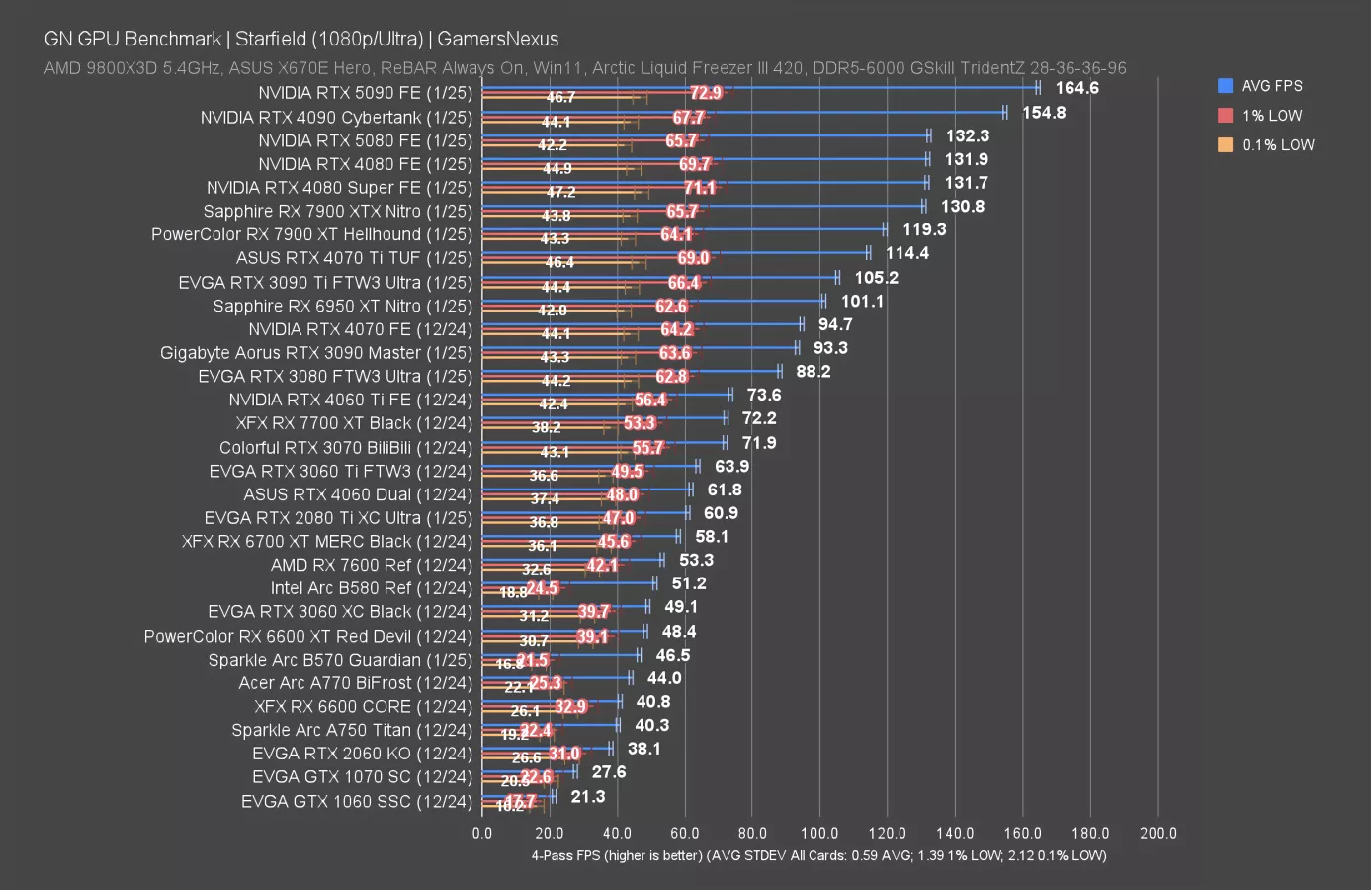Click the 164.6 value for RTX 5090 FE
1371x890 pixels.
pos(1076,88)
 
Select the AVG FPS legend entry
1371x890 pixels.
pos(1271,86)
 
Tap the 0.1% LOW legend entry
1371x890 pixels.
pos(1277,145)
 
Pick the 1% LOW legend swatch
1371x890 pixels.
pos(1226,116)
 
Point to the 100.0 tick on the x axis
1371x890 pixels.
pos(819,833)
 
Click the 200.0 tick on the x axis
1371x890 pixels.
pos(1157,833)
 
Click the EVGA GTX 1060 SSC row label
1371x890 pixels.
pos(356,801)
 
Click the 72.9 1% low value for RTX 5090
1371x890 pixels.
pos(706,93)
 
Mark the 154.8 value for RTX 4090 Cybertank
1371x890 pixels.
pos(1044,113)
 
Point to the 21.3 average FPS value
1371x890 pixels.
pos(587,797)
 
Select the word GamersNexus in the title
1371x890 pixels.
pos(497,39)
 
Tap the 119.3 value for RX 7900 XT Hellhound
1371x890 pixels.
pos(924,229)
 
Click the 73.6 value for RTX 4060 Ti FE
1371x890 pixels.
pos(764,396)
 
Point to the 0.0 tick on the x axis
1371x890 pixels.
pos(482,833)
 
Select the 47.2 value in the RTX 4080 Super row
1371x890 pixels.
pos(560,192)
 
